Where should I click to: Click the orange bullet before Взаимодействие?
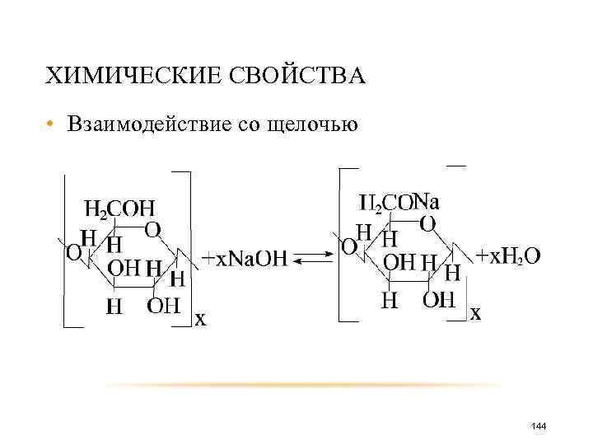(50, 125)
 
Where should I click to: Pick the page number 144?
(539, 425)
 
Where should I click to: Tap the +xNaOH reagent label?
(245, 259)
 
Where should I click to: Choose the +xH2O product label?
(508, 256)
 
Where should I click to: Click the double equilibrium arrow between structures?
(311, 260)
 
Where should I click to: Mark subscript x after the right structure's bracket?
(475, 313)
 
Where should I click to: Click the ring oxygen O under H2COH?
(152, 229)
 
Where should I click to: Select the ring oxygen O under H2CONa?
(427, 222)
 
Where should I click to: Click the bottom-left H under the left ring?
(115, 307)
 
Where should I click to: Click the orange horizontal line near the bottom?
(305, 385)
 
